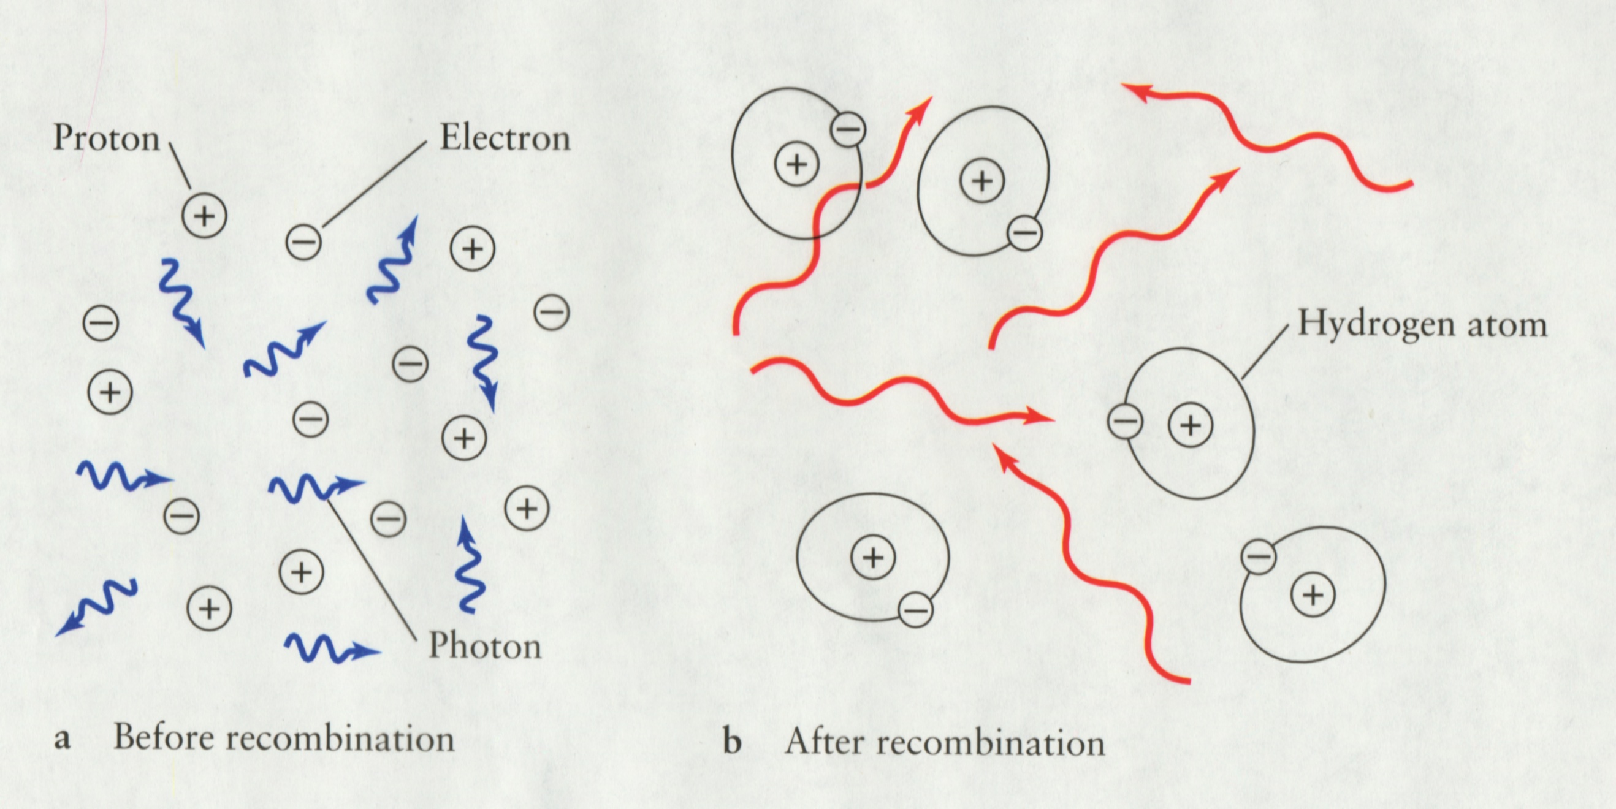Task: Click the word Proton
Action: pyautogui.click(x=106, y=138)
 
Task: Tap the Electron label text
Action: pyautogui.click(x=505, y=138)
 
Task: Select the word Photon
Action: pyautogui.click(x=484, y=645)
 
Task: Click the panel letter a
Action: pyautogui.click(x=61, y=739)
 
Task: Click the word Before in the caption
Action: pyautogui.click(x=164, y=737)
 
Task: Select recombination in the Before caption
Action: pyautogui.click(x=340, y=739)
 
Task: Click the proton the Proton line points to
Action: pyautogui.click(x=204, y=216)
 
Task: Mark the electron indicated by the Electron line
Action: pyautogui.click(x=303, y=242)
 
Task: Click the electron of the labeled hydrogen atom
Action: pyautogui.click(x=1125, y=422)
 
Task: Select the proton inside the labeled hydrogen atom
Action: pyautogui.click(x=1190, y=425)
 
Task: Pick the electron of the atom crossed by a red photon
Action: pyautogui.click(x=848, y=129)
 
